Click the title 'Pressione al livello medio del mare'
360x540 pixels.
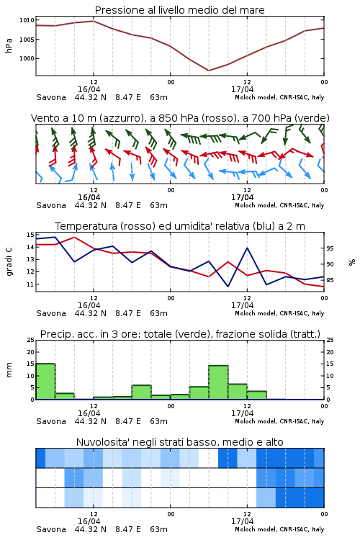point(179,10)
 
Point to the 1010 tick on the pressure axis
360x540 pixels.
point(27,20)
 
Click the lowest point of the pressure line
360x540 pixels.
point(209,71)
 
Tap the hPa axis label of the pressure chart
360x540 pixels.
point(9,45)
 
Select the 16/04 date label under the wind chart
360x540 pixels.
point(89,197)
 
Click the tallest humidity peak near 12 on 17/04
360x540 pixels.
point(247,248)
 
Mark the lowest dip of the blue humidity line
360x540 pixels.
point(228,286)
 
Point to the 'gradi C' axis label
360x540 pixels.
point(9,262)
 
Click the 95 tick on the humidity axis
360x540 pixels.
point(330,248)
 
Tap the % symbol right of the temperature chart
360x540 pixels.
point(352,262)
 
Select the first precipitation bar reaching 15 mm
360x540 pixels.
point(46,381)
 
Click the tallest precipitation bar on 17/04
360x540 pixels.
point(218,382)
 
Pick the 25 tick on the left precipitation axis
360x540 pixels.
point(31,340)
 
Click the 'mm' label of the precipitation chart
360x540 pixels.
point(9,370)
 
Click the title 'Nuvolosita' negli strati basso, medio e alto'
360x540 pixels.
point(179,442)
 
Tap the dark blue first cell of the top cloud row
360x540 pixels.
point(40,458)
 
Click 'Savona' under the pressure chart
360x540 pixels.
point(51,97)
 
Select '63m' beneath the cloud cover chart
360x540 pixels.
point(159,529)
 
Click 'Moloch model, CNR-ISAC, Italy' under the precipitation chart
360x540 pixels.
point(279,421)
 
